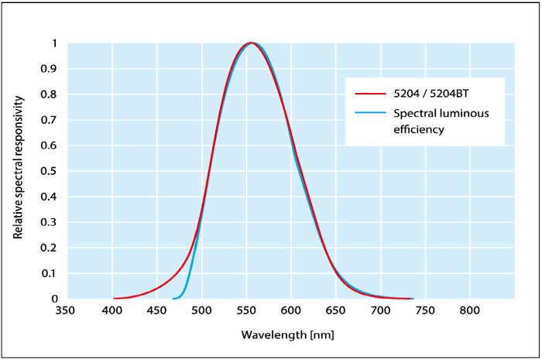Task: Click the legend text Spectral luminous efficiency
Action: (x=441, y=122)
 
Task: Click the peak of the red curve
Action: (x=250, y=43)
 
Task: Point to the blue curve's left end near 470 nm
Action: (x=173, y=298)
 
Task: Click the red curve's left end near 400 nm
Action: (x=114, y=298)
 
